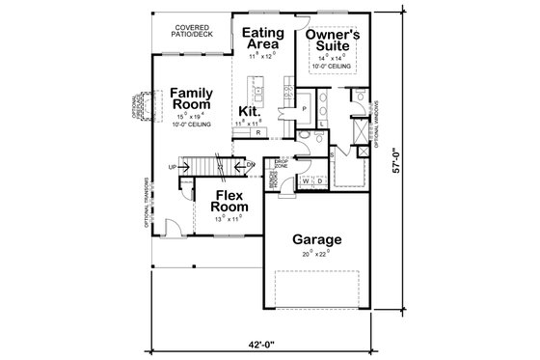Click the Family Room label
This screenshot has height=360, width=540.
click(192, 99)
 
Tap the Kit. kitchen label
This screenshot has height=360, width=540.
click(250, 112)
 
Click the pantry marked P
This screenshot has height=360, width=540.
click(303, 110)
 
